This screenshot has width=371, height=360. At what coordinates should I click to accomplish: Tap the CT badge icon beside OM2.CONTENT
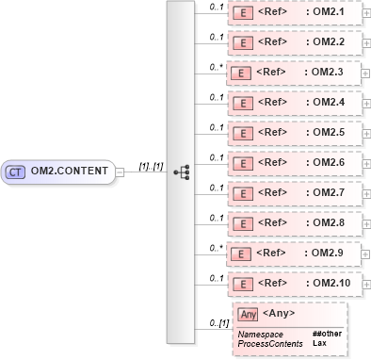coord(16,172)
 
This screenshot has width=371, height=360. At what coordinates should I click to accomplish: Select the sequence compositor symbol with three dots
coord(182,172)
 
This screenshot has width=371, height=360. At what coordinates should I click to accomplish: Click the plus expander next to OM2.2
coord(365,43)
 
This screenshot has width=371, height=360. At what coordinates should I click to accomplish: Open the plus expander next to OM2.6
coord(365,162)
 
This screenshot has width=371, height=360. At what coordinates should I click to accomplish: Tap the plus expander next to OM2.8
coord(365,222)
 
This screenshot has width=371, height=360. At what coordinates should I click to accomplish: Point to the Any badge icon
coord(248,314)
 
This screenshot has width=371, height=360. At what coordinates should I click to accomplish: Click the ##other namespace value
coord(326,335)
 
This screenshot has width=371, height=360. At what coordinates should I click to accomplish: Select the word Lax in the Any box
coord(319,344)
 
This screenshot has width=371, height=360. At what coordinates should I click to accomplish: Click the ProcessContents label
coord(270,344)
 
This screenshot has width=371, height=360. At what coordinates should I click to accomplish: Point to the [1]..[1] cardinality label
coord(152,166)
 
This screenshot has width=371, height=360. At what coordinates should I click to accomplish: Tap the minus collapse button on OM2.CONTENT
coord(120,172)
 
